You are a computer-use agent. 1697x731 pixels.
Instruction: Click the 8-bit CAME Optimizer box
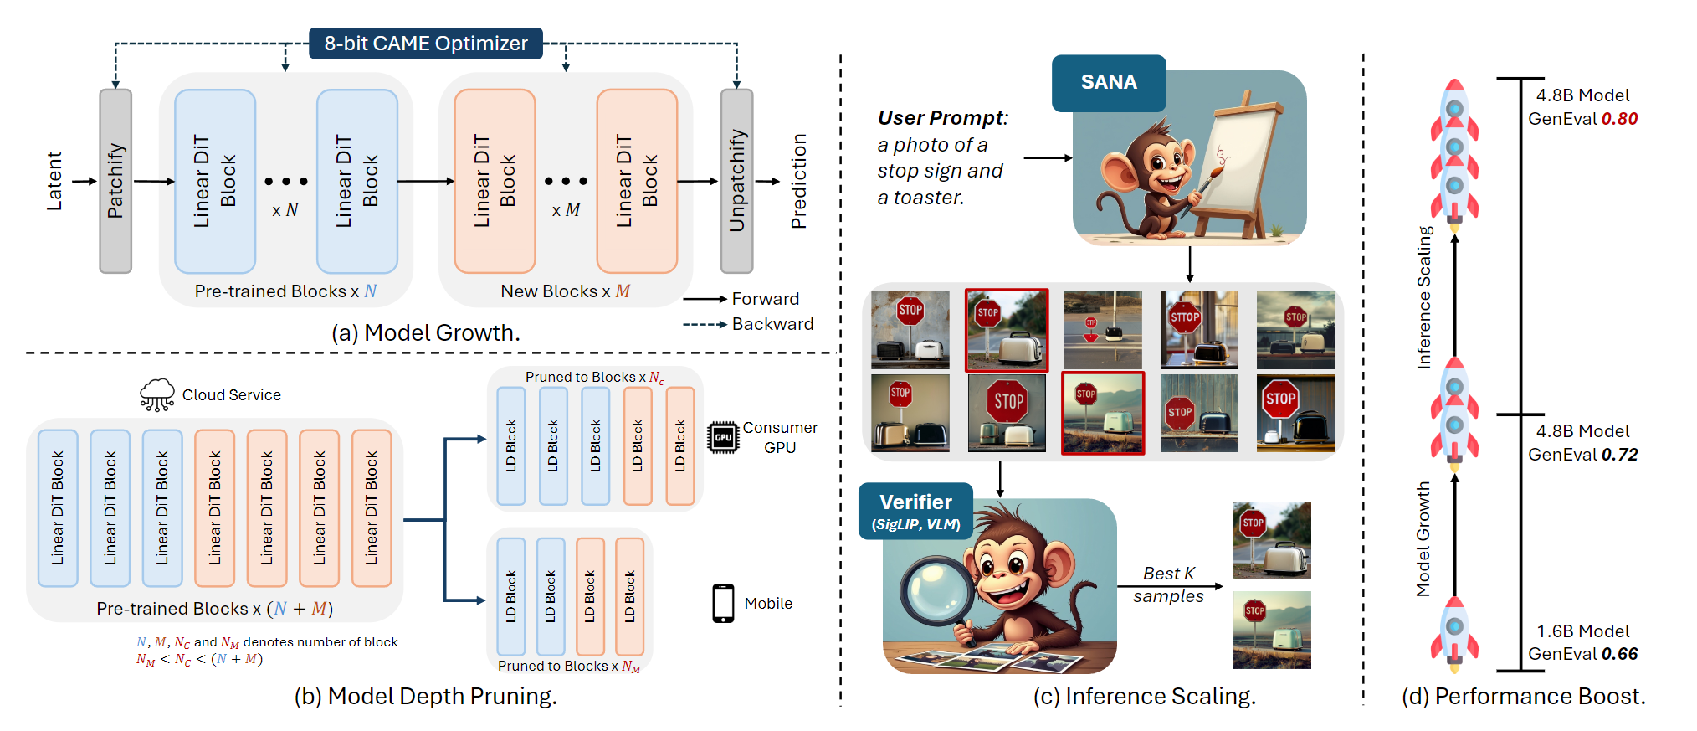(425, 44)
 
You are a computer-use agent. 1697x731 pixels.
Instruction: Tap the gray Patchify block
(115, 181)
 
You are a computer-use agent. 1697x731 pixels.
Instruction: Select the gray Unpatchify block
(736, 181)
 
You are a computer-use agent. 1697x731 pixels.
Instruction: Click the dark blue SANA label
(1108, 82)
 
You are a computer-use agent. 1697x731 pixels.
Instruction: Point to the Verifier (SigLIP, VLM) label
(915, 511)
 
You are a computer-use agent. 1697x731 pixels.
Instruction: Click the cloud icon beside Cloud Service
(157, 394)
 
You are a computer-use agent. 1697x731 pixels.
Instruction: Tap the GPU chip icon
(723, 437)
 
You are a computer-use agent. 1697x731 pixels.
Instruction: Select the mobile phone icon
(723, 603)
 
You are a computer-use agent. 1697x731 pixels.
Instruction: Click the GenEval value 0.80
(1619, 119)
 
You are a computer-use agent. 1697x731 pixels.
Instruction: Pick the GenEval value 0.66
(1619, 654)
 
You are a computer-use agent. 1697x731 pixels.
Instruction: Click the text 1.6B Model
(1582, 631)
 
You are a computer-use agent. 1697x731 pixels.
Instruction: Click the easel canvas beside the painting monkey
(1238, 159)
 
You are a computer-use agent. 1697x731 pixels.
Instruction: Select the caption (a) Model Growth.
(425, 333)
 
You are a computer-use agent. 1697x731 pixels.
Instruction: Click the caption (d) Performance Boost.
(1523, 697)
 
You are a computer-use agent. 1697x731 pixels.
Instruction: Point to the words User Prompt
(942, 118)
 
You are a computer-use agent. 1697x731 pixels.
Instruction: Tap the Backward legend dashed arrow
(704, 324)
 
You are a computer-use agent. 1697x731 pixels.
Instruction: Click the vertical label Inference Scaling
(1424, 297)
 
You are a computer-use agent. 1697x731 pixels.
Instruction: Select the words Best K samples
(1168, 584)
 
